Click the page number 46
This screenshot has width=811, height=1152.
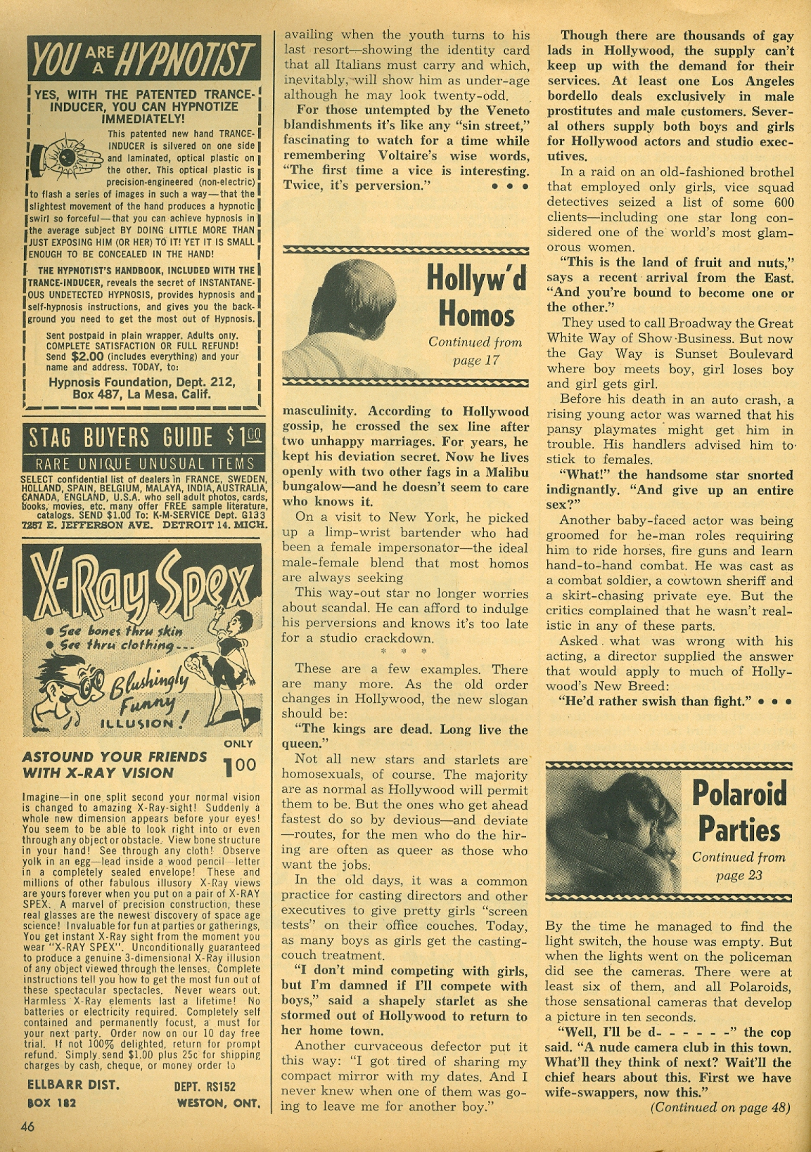(28, 1126)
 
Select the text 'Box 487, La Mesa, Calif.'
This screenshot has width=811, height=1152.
(142, 394)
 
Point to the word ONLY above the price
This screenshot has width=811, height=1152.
(238, 744)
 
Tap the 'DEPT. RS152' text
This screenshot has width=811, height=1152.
(204, 1086)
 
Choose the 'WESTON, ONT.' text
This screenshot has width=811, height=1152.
(218, 1104)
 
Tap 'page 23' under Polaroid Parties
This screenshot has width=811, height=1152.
(739, 876)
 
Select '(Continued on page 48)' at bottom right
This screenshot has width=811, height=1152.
(720, 1108)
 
